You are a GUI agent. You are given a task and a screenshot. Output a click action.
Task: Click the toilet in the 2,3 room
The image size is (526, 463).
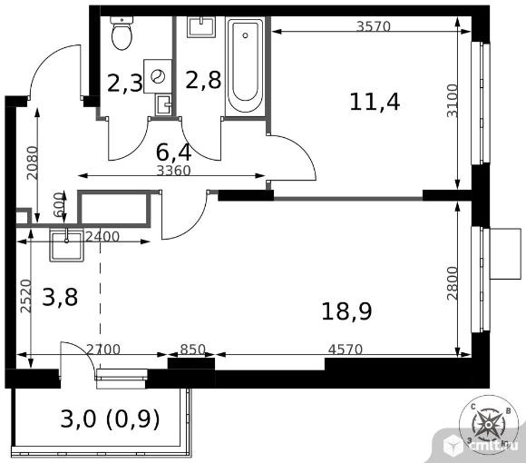[122, 33]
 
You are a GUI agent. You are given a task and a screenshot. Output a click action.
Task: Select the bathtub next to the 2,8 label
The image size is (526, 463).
[245, 66]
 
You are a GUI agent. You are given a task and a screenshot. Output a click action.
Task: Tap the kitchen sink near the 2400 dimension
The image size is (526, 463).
[67, 245]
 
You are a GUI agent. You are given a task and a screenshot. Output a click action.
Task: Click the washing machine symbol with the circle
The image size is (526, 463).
[158, 76]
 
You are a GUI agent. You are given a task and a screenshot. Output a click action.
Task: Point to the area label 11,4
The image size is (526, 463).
[375, 102]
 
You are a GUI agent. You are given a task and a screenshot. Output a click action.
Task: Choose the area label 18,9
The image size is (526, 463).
[346, 311]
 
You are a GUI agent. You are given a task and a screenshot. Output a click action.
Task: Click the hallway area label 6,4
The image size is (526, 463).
[174, 153]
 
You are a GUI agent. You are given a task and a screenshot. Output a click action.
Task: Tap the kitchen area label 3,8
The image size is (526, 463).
[60, 297]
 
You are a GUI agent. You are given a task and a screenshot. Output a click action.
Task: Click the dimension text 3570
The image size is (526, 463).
[374, 26]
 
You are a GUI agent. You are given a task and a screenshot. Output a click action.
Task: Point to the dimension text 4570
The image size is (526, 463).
[346, 350]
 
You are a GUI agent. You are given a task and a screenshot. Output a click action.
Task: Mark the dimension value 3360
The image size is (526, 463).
[173, 171]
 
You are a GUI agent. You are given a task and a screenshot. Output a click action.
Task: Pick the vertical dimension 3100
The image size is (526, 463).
[452, 101]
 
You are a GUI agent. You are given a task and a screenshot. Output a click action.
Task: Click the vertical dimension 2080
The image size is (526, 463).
[33, 163]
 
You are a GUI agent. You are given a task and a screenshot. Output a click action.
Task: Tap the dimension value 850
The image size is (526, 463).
[192, 350]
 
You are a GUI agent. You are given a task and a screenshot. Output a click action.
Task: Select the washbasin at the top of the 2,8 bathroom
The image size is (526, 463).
[201, 27]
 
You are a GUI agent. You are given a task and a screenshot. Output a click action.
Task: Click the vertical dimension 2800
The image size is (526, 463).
[452, 283]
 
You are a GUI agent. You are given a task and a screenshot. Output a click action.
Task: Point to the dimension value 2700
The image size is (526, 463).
[103, 350]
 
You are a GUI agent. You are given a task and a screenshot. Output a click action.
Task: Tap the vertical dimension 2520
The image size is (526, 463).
[25, 296]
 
